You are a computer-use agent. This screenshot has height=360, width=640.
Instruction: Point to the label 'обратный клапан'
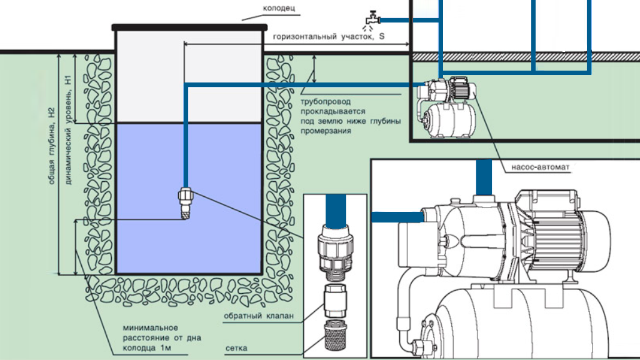259,316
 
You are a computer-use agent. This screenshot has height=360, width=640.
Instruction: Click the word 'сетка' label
236,347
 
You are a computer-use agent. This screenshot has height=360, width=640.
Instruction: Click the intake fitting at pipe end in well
185,204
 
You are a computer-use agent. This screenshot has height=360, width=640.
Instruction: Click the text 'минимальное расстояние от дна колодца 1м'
142,338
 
